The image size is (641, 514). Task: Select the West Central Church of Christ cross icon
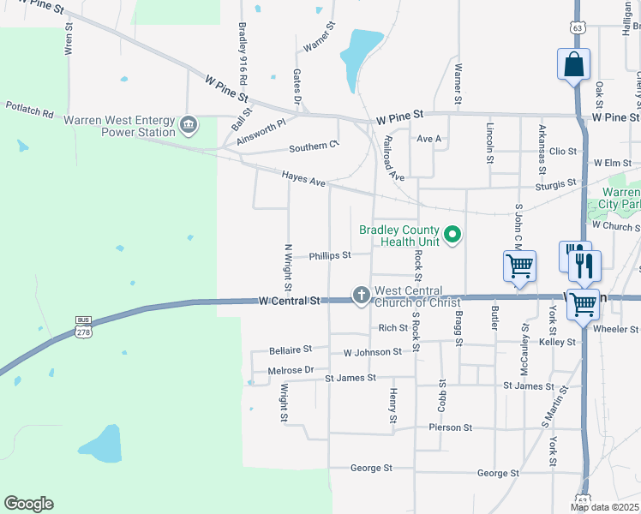tap(362, 296)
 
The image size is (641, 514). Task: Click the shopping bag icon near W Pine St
tap(572, 65)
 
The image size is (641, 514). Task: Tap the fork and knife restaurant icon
tap(584, 265)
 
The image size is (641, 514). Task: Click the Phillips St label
tap(330, 255)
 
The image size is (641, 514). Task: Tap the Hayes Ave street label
tap(304, 178)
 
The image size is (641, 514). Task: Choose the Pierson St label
tap(450, 427)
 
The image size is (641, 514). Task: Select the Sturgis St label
tap(555, 184)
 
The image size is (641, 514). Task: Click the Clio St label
tap(563, 152)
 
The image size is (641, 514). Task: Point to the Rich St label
tap(392, 327)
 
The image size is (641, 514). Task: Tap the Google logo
tap(28, 504)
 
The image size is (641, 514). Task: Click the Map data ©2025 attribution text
tap(604, 507)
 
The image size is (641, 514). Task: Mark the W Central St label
tap(289, 302)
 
